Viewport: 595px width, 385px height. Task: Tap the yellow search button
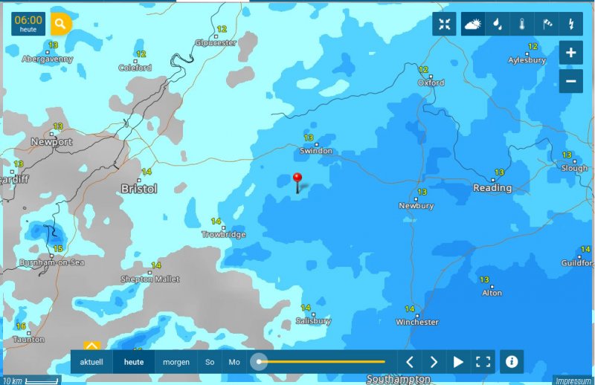pos(60,24)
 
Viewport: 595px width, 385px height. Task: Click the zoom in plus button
pos(570,53)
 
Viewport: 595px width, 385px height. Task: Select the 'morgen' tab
pos(176,362)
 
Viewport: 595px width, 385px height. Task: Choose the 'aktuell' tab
pos(91,362)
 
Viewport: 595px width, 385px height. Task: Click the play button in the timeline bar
pos(458,362)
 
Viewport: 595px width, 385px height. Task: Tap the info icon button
pos(511,362)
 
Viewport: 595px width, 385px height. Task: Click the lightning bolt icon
pos(570,24)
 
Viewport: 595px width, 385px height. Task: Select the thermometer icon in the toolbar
pos(522,24)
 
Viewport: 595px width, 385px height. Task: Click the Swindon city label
pos(315,151)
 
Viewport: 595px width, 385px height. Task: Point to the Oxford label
pos(431,83)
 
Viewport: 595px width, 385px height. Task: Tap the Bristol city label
pos(139,189)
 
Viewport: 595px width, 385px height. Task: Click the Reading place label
pos(492,188)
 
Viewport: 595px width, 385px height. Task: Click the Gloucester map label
pos(216,42)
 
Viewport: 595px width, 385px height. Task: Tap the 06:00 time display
pos(28,24)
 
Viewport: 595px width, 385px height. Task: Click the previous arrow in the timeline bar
pos(409,362)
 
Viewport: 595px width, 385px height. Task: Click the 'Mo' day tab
pos(234,362)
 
